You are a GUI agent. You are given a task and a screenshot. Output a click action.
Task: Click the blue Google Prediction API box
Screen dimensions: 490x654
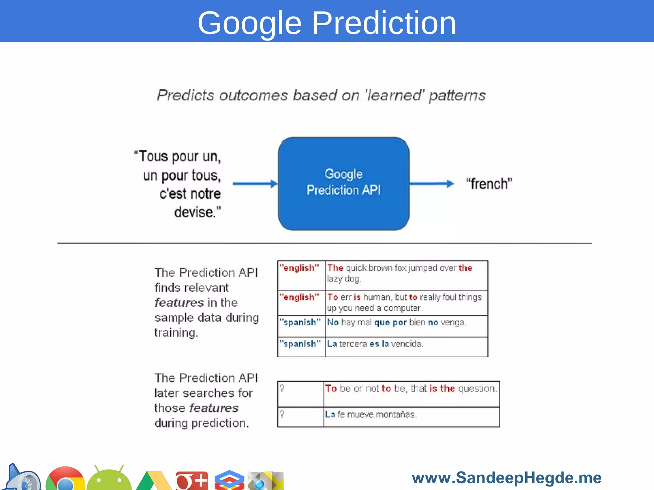point(344,184)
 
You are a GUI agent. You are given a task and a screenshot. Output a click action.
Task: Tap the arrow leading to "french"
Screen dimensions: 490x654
point(431,184)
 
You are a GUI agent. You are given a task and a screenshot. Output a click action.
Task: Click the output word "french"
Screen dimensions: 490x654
point(489,184)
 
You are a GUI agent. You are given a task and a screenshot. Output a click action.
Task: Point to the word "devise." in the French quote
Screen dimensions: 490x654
point(197,212)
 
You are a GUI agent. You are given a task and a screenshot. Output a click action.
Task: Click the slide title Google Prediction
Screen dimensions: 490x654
point(327,23)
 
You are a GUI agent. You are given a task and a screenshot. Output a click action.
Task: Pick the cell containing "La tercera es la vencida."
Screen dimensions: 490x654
point(406,346)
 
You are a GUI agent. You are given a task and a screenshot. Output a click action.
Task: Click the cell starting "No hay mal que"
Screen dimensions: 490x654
point(406,326)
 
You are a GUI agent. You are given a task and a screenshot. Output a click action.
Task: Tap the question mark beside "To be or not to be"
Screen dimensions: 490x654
point(300,394)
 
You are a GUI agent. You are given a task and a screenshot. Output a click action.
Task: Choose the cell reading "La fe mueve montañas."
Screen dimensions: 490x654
point(411,417)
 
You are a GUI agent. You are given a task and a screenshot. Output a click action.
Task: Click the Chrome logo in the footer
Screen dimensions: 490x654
point(65,479)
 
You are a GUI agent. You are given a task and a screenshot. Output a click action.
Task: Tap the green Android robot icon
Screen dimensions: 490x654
point(109,479)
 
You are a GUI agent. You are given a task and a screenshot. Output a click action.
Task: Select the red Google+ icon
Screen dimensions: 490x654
point(192,480)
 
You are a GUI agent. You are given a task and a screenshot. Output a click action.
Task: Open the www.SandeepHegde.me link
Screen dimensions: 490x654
point(506,478)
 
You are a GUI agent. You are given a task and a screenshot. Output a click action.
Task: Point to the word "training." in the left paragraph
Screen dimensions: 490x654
point(176,333)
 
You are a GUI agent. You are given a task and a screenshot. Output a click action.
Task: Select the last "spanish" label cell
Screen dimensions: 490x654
point(301,346)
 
